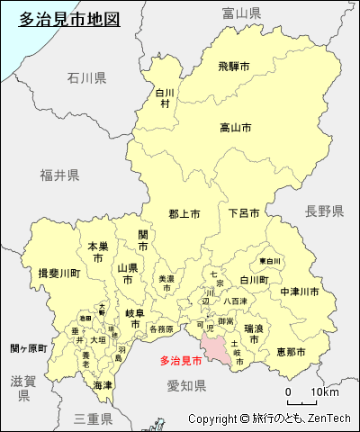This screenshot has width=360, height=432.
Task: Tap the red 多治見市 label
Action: [181, 361]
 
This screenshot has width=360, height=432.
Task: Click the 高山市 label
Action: [236, 128]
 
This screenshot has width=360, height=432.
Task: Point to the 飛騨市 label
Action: [233, 66]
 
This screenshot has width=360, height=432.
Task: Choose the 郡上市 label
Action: [184, 213]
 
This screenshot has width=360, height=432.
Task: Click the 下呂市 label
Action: [244, 213]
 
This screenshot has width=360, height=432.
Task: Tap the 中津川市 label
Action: [300, 292]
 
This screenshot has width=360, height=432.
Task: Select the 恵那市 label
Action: [291, 350]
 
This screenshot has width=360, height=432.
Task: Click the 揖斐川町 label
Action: [59, 273]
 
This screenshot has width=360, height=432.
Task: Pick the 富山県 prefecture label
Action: [241, 13]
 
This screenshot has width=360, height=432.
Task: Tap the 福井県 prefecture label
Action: [59, 175]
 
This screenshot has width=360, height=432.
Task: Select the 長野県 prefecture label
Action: [324, 211]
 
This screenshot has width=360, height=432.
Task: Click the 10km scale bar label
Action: [325, 392]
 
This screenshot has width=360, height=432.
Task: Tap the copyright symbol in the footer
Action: [244, 418]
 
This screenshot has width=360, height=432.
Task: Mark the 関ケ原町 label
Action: [29, 348]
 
